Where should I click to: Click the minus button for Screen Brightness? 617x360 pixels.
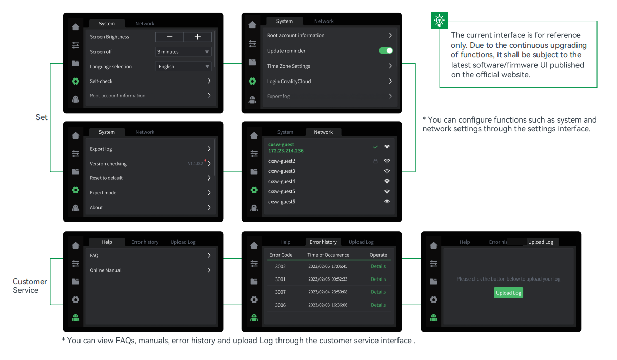pyautogui.click(x=169, y=37)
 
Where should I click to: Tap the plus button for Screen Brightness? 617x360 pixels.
pyautogui.click(x=197, y=37)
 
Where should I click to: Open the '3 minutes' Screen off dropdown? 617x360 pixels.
pyautogui.click(x=183, y=52)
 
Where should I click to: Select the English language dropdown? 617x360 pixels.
pyautogui.click(x=183, y=67)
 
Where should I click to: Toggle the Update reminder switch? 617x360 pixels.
pyautogui.click(x=386, y=51)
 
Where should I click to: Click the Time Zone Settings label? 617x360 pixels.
pyautogui.click(x=288, y=66)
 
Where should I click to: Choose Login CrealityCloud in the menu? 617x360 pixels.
pyautogui.click(x=289, y=82)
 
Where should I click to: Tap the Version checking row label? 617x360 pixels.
pyautogui.click(x=108, y=164)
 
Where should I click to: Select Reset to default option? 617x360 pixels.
pyautogui.click(x=106, y=178)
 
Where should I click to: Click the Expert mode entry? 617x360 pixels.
pyautogui.click(x=103, y=193)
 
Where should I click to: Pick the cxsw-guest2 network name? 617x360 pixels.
pyautogui.click(x=282, y=161)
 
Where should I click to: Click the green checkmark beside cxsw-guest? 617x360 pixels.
pyautogui.click(x=375, y=147)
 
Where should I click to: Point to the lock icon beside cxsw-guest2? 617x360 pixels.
pyautogui.click(x=375, y=161)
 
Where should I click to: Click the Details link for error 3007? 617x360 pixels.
pyautogui.click(x=378, y=292)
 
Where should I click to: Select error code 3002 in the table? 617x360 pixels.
pyautogui.click(x=281, y=267)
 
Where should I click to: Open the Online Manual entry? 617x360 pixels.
pyautogui.click(x=106, y=270)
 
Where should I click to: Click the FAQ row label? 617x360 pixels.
pyautogui.click(x=94, y=255)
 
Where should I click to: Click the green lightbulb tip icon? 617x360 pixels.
pyautogui.click(x=440, y=21)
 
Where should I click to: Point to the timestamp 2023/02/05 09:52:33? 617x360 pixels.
pyautogui.click(x=328, y=279)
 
